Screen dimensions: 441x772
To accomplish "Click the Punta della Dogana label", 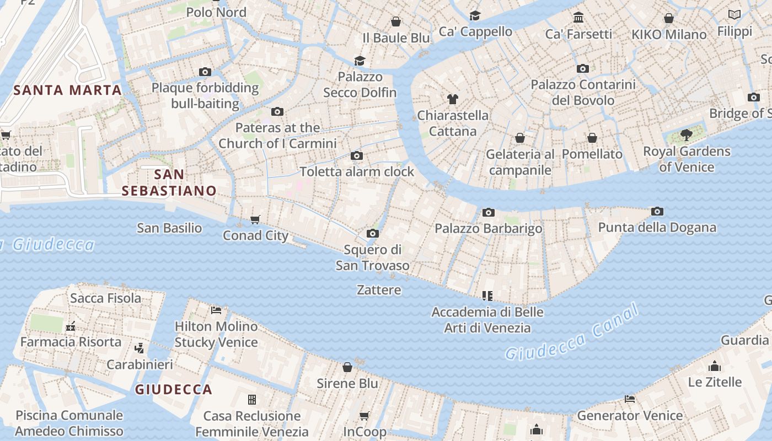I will pos(657,227).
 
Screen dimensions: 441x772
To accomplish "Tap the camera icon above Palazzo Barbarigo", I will pos(488,213).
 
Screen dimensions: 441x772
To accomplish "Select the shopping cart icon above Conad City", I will pos(255,220).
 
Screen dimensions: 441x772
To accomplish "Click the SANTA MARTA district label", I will pos(67,90).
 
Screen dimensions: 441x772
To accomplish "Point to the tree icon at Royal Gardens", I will pos(687,135).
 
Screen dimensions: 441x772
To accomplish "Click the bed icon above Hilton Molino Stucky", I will pos(216,310).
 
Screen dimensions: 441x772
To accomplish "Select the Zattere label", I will pos(379,289).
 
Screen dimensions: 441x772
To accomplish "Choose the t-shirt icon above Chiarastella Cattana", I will pos(453,99).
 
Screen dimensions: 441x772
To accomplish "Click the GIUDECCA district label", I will pos(174,390).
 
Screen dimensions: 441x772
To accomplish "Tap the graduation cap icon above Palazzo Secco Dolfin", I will pos(360,61).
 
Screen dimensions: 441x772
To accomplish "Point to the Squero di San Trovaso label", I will pos(373,257).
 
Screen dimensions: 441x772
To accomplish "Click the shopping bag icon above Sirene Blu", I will pos(347,367).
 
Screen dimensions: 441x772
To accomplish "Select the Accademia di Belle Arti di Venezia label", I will pos(487,320).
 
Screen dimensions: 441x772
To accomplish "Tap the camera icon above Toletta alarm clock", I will pos(357,156).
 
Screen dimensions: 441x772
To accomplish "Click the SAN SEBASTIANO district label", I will pos(169,182).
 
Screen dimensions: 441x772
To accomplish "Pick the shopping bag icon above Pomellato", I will pos(592,138).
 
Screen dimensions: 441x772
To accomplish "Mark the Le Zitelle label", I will pos(715,381).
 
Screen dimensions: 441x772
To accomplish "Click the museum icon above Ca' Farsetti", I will pos(578,18).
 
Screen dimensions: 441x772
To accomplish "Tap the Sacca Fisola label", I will pos(105,298).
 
